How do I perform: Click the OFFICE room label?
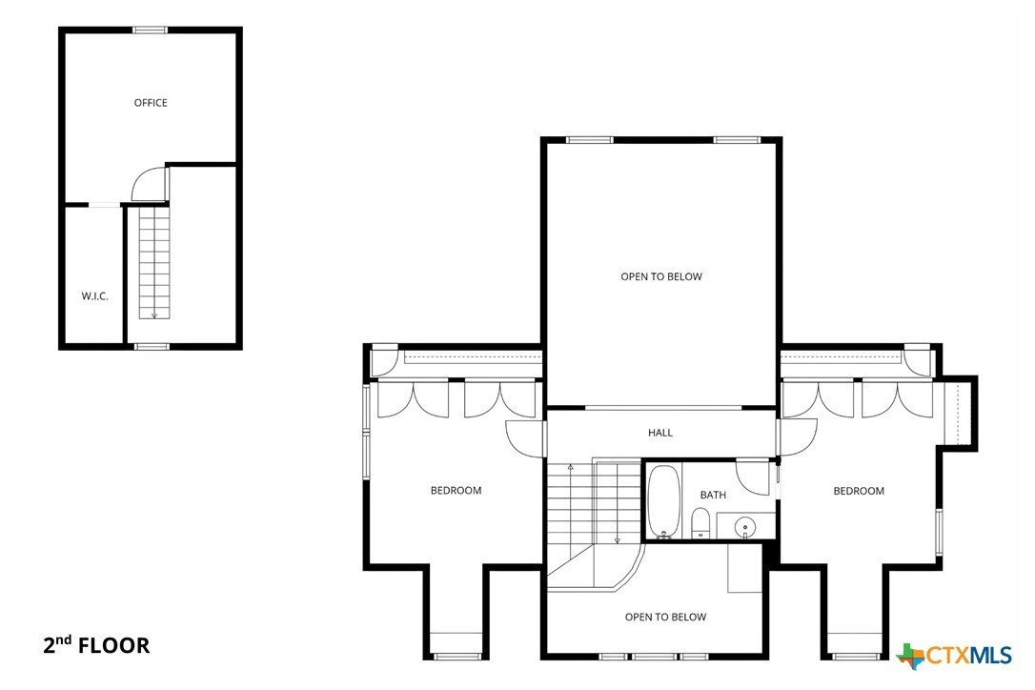point(151,103)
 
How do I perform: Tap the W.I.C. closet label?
point(94,296)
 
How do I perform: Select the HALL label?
point(660,433)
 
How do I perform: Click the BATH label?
point(713,495)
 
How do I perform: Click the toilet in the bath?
point(700,522)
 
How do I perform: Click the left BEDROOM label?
point(456,491)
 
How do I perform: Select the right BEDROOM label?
point(859,491)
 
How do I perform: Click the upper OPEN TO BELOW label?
point(661,277)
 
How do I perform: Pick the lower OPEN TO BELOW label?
point(665,618)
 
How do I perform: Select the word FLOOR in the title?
point(113,646)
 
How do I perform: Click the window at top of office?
point(150,30)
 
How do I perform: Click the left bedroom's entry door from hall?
point(525,438)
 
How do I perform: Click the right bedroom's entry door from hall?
point(799,437)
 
